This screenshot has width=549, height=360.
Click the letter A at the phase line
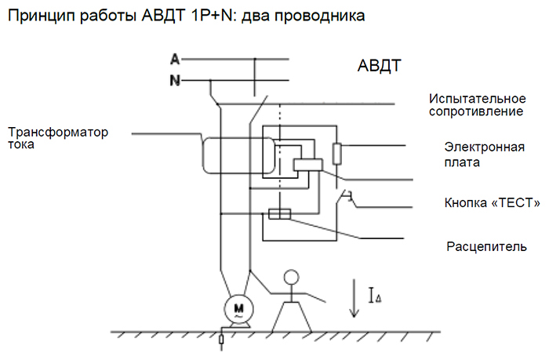point(176,59)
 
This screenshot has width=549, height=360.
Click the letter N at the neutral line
point(176,79)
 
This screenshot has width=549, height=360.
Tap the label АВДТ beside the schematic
point(374,66)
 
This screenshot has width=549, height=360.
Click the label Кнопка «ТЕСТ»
point(492,203)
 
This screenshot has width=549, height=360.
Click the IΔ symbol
point(375,296)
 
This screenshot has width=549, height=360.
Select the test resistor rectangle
point(336,154)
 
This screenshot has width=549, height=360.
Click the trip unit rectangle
point(280,214)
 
